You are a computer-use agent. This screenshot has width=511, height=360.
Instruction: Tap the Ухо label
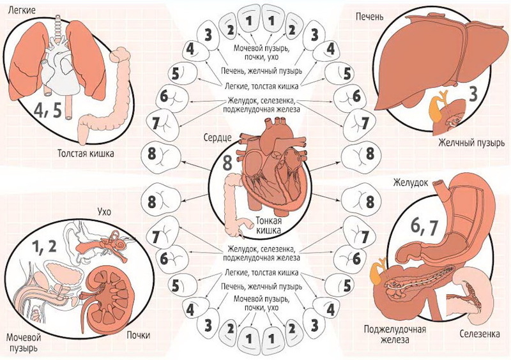coord(105,211)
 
